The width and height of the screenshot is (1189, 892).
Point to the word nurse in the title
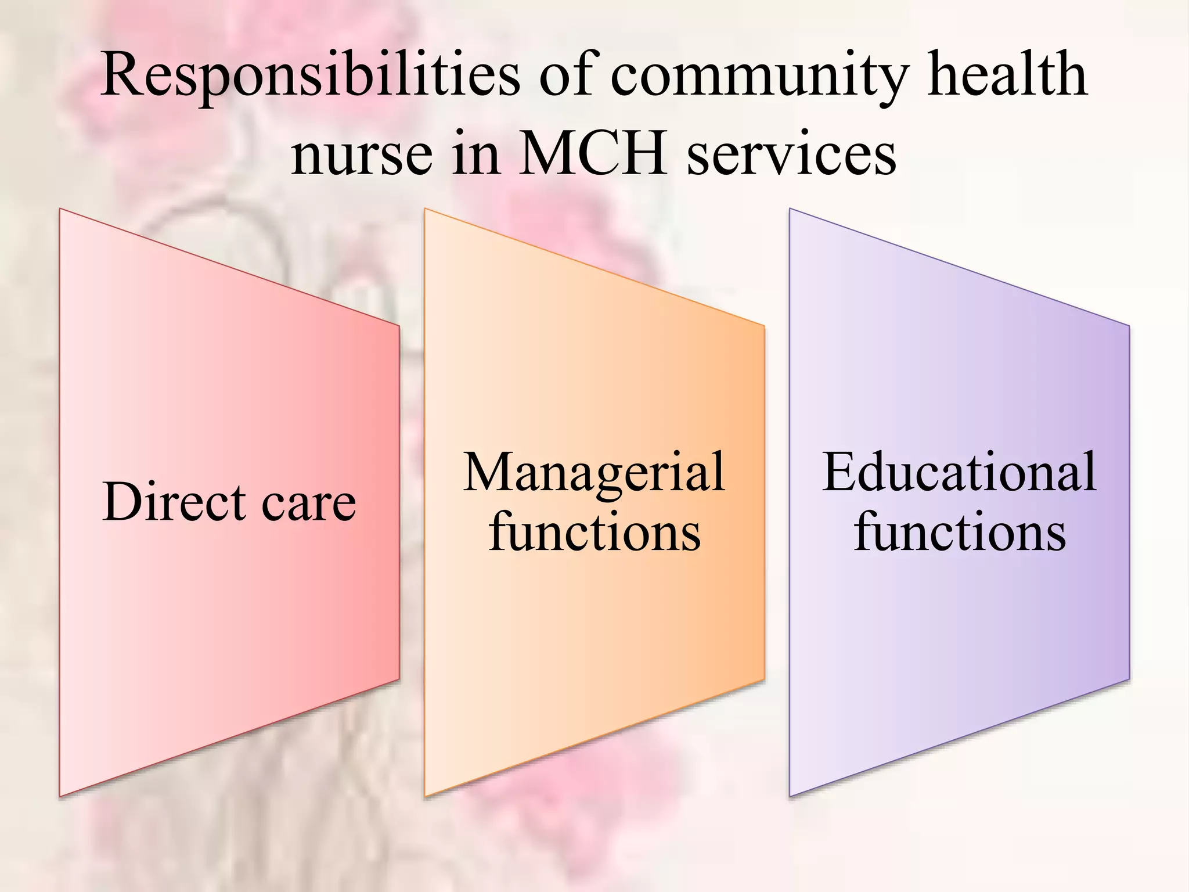(x=362, y=154)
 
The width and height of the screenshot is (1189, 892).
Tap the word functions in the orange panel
(x=594, y=531)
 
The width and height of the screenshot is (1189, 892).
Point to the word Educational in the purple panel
(x=959, y=472)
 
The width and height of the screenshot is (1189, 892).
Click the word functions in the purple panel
(x=960, y=531)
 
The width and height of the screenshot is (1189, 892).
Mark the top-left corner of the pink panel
(x=60, y=209)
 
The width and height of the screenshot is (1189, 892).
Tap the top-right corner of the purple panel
(x=1129, y=326)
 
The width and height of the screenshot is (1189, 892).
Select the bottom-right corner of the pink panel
(x=399, y=679)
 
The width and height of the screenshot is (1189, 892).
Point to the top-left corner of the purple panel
(x=790, y=209)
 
